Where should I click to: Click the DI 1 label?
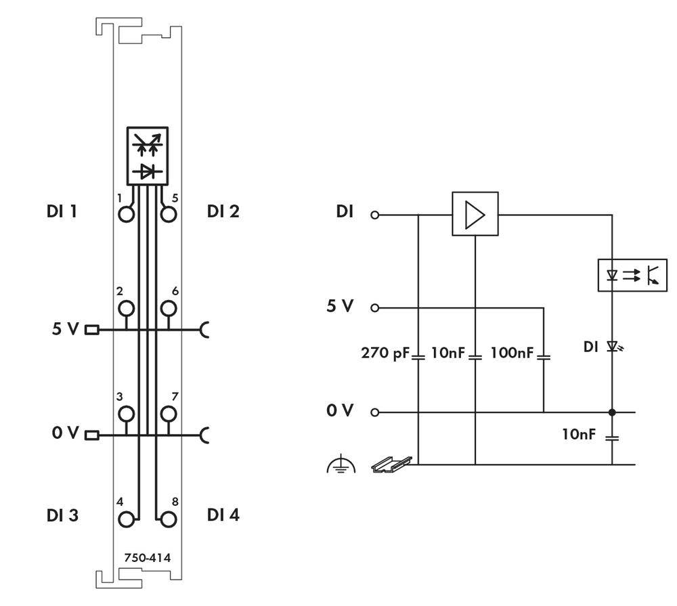pyautogui.click(x=62, y=211)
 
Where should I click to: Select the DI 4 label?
pyautogui.click(x=223, y=515)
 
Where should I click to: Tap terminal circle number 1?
pyautogui.click(x=126, y=214)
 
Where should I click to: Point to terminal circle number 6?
pyautogui.click(x=168, y=309)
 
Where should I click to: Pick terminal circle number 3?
pyautogui.click(x=126, y=413)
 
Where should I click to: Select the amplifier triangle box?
pyautogui.click(x=475, y=214)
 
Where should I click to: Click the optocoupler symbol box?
pyautogui.click(x=632, y=275)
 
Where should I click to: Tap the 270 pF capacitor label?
pyautogui.click(x=387, y=353)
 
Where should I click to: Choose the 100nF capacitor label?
pyautogui.click(x=512, y=353)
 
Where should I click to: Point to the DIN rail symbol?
pyautogui.click(x=391, y=464)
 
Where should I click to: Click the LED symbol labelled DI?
pyautogui.click(x=613, y=347)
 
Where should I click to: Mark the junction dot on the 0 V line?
pyautogui.click(x=613, y=412)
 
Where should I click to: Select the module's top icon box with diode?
pyautogui.click(x=148, y=155)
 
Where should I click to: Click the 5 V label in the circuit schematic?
pyautogui.click(x=340, y=307)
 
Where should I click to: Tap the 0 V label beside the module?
pyautogui.click(x=66, y=433)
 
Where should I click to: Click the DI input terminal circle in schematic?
pyautogui.click(x=374, y=215)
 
